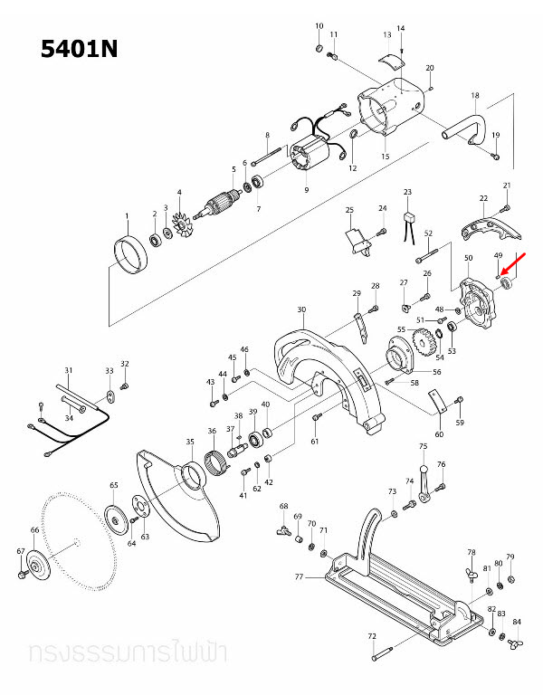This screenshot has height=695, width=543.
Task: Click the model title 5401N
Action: tap(80, 49)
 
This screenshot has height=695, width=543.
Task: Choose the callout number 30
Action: tap(301, 309)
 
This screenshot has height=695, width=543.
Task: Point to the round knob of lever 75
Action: tap(422, 466)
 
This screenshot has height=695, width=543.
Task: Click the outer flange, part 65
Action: tap(115, 519)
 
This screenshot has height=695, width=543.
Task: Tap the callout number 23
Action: tap(407, 193)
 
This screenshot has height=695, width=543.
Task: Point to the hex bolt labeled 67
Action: tap(22, 573)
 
